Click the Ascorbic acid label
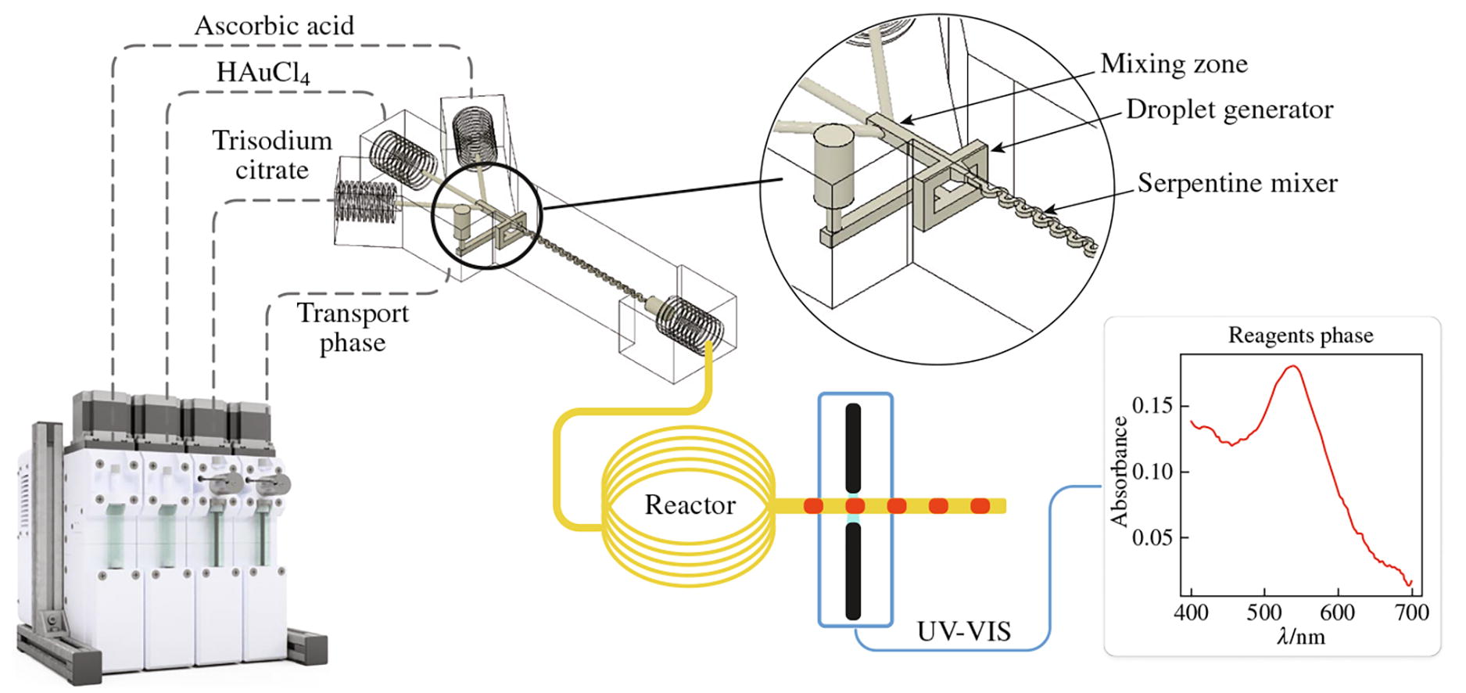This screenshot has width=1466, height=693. pos(274,26)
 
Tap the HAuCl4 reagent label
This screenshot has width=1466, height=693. pos(263,73)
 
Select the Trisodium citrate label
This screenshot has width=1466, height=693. pos(272,155)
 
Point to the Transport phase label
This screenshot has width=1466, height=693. pos(353,328)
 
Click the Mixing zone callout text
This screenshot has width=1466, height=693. pos(1174,63)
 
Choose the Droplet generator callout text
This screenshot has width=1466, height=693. pos(1229,110)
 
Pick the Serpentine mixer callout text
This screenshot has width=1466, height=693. pos(1237,183)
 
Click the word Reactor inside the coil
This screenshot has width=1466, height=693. pos(690,505)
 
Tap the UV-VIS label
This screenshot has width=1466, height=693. pos(964,631)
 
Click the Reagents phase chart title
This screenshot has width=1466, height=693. pos(1300,336)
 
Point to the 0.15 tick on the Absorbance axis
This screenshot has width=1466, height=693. pos(1152,406)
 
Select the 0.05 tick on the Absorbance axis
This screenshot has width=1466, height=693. pos(1152,538)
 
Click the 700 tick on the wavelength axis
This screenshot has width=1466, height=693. pos(1412,612)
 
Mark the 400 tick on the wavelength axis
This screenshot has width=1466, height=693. pos(1191,612)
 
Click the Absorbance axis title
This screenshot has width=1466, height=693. pos(1120,472)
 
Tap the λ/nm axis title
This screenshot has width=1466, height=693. pos(1300,637)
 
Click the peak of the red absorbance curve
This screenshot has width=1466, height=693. pos(1293,366)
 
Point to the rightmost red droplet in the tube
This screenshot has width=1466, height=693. pos(980,506)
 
